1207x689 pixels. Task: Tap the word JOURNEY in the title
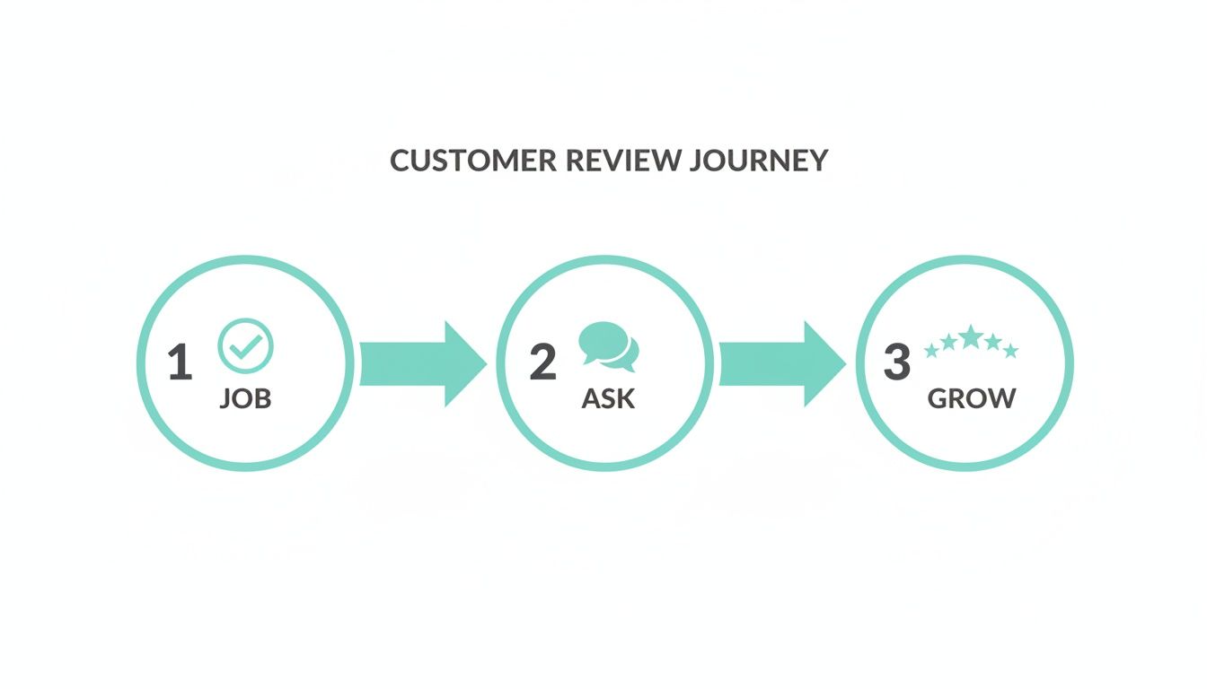[759, 161]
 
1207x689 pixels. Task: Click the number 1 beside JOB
[180, 363]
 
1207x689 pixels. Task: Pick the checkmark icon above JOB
[246, 345]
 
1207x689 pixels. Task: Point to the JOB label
[245, 398]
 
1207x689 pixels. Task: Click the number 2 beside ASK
[542, 363]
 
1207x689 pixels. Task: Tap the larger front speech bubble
[601, 341]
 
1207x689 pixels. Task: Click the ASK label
[608, 398]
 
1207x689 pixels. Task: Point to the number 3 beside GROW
[896, 363]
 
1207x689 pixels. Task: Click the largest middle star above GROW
[971, 336]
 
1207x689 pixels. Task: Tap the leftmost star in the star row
[930, 351]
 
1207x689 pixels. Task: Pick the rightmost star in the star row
[1011, 351]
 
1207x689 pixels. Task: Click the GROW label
[971, 398]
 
